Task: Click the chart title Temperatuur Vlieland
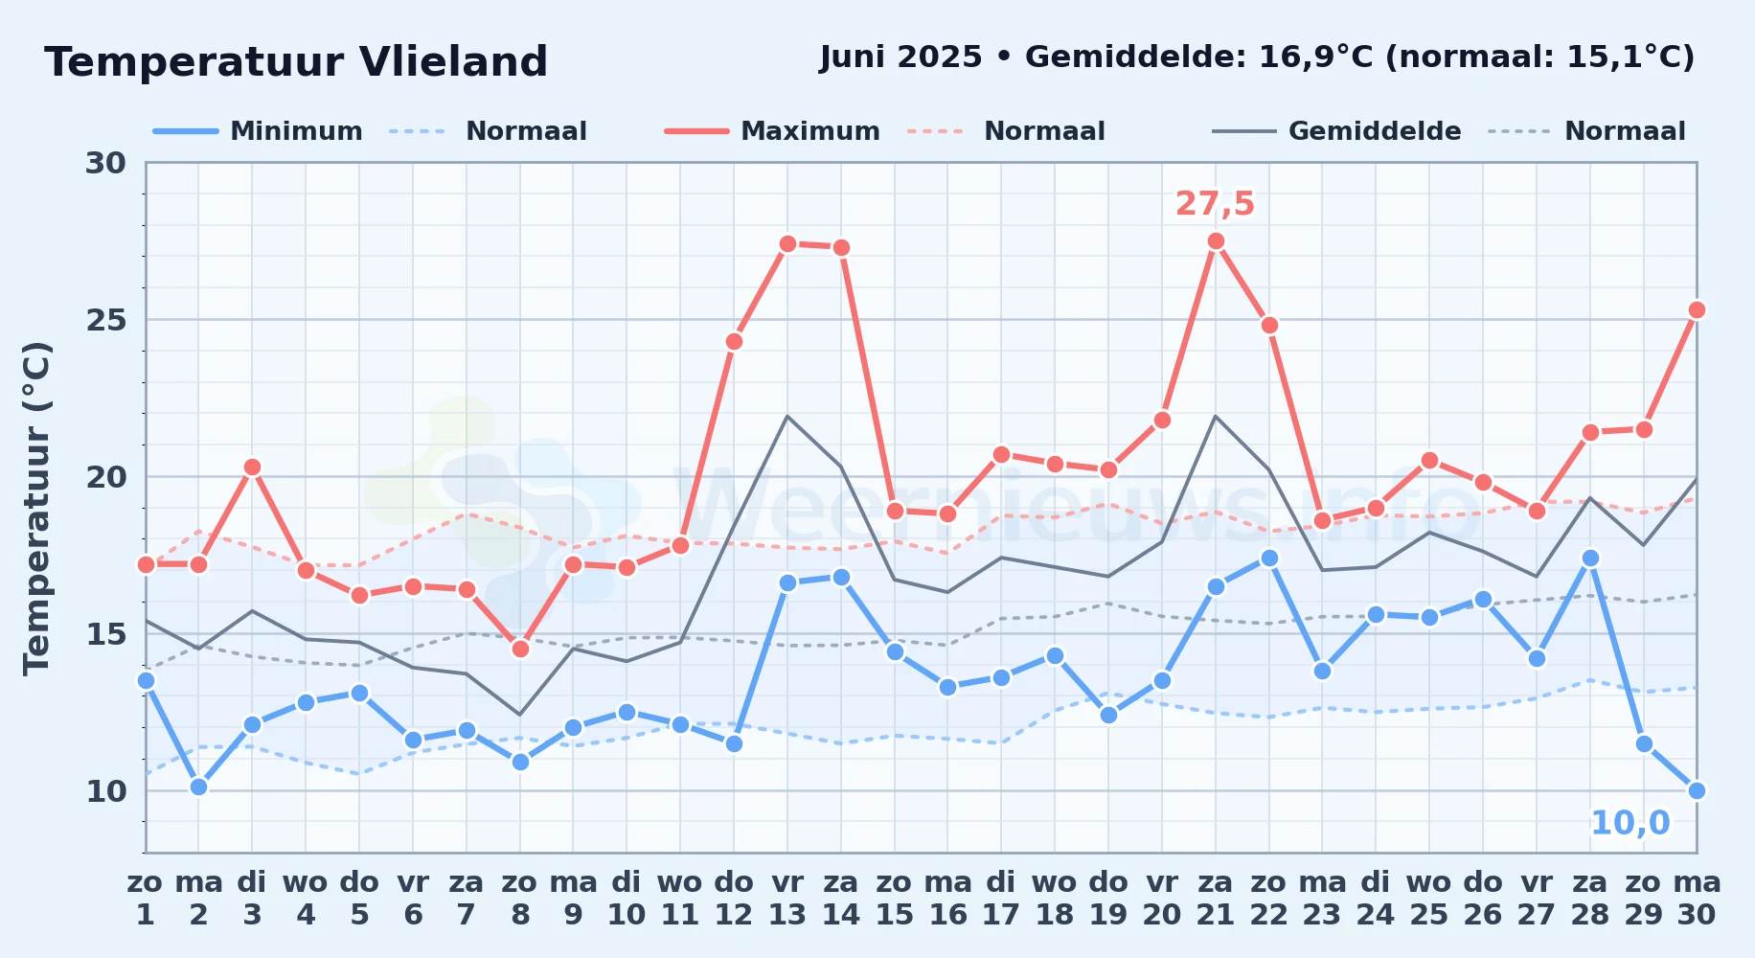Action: [296, 62]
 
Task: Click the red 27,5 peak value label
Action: [1215, 204]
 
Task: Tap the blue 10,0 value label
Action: [1630, 823]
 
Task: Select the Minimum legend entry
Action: [259, 131]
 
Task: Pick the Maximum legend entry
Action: [773, 131]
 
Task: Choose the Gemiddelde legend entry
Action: [1337, 131]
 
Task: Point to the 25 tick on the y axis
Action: [106, 320]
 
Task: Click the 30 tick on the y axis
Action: [106, 163]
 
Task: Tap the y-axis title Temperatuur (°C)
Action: [36, 508]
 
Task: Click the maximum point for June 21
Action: [1216, 241]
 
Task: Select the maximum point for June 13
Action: [787, 244]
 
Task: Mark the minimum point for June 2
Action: [198, 787]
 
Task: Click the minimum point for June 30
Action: [1697, 790]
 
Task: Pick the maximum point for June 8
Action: [520, 650]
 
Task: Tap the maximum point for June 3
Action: [252, 468]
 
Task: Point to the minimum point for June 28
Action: [1590, 559]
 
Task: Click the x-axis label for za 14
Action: [841, 899]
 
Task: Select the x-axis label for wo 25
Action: [1429, 899]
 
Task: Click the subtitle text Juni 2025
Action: [901, 57]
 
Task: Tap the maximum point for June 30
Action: [1697, 310]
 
